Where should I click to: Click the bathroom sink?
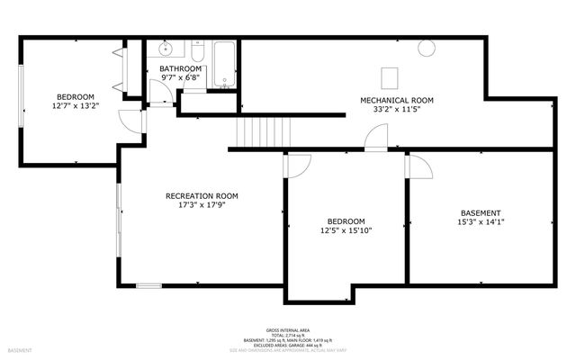[x=166, y=50]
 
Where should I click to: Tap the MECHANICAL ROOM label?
[x=397, y=100]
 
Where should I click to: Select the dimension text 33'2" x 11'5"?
[x=397, y=110]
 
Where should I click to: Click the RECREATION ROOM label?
[x=202, y=195]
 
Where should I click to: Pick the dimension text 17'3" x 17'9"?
[x=202, y=206]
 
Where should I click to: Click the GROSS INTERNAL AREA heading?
[x=288, y=330]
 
